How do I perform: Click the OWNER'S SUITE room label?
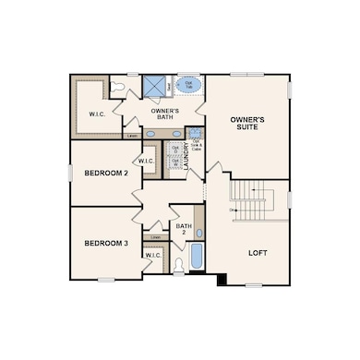click(x=247, y=126)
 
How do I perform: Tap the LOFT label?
click(x=258, y=252)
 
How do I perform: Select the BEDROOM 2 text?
click(x=104, y=174)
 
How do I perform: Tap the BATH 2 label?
click(x=183, y=229)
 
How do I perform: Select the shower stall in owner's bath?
click(x=153, y=86)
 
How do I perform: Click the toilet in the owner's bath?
click(x=115, y=86)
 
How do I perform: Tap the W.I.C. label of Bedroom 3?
click(x=153, y=254)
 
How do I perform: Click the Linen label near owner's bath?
click(x=133, y=136)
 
